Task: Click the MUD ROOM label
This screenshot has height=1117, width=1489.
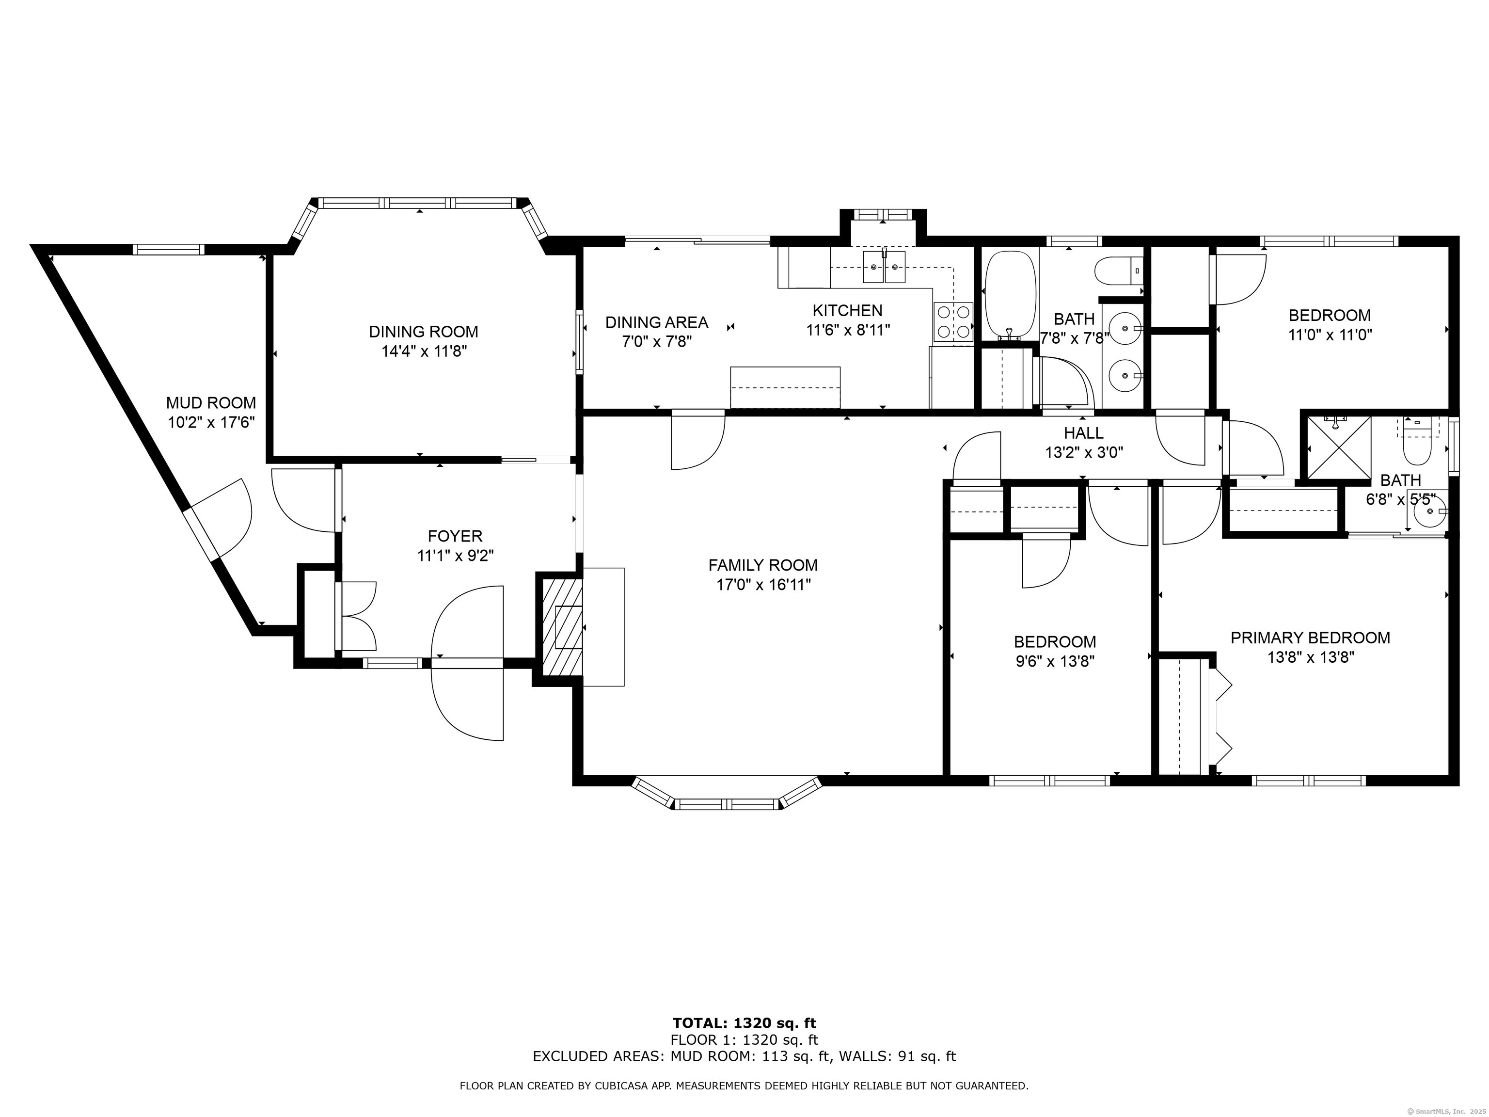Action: click(211, 402)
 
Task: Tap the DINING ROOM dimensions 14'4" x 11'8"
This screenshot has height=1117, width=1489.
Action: click(424, 351)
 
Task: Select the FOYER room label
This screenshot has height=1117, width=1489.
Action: click(455, 536)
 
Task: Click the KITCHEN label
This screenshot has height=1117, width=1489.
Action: click(847, 310)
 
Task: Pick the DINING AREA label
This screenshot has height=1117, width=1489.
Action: click(656, 322)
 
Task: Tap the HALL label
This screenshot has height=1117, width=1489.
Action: click(1084, 433)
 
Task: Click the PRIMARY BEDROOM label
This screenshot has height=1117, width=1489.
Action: click(1311, 638)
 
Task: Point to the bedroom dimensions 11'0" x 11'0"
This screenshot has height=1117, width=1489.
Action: click(1330, 335)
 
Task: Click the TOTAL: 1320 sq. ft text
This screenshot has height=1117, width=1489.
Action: click(744, 1023)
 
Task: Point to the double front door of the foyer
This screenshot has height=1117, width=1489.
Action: click(467, 663)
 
